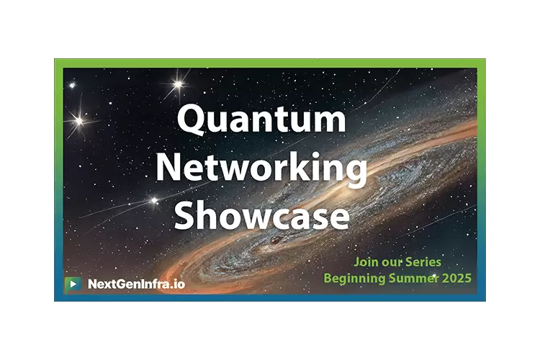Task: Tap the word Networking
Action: [262, 168]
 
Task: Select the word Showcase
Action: [262, 215]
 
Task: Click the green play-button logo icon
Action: [73, 284]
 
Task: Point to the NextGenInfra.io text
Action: [136, 284]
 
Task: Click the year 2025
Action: [457, 278]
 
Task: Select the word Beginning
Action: [355, 279]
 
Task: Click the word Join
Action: [366, 262]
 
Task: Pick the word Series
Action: [423, 262]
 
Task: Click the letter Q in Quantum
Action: [192, 120]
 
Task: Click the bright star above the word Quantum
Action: [179, 84]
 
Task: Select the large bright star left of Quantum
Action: [79, 121]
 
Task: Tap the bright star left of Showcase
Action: [154, 200]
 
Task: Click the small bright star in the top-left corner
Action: [72, 85]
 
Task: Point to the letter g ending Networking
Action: [356, 171]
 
